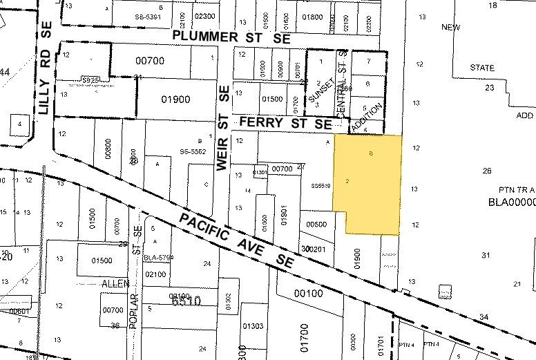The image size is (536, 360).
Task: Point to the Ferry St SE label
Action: pos(285,123)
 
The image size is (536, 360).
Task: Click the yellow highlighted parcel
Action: pos(370,183)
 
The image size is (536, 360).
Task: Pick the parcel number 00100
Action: pos(308,293)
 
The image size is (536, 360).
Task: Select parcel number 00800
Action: pos(108,149)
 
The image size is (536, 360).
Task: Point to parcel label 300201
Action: pos(313,249)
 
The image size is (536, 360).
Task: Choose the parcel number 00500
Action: pos(316,225)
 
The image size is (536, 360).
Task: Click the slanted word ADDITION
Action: pos(366,118)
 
